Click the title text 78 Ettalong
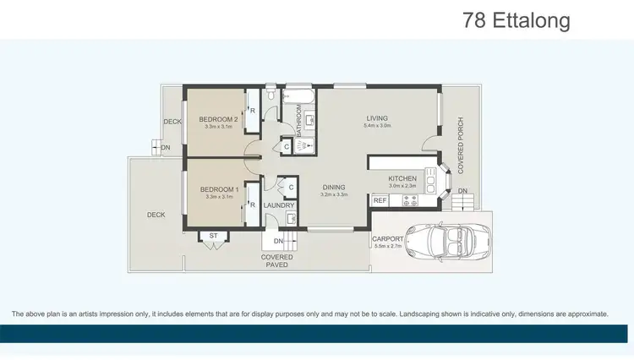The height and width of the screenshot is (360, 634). point(516,19)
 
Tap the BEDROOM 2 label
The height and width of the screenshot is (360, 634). point(218,119)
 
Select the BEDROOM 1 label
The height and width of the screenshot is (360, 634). point(218,189)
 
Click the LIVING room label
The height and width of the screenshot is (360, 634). point(377,117)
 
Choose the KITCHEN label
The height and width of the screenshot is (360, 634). point(403,178)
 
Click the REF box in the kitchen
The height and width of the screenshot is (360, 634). point(380,200)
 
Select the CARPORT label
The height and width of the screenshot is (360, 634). point(387,239)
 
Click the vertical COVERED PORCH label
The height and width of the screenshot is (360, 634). point(461,146)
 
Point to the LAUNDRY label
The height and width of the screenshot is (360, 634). point(279,205)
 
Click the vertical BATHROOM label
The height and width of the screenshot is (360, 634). point(298,121)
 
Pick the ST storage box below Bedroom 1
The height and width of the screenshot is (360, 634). point(213,236)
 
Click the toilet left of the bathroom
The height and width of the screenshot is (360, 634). point(268,99)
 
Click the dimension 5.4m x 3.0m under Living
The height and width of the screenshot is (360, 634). point(377,126)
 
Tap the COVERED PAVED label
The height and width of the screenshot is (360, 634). point(277,261)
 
